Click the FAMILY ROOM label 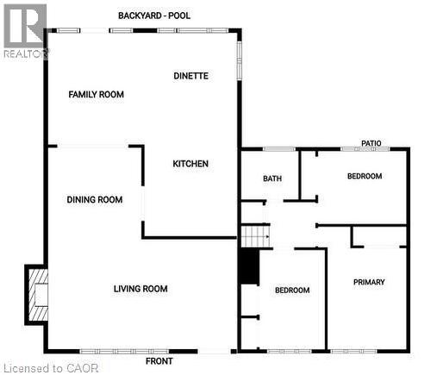(x=97, y=94)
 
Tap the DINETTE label (x=191, y=76)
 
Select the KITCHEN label (x=191, y=164)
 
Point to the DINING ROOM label (x=95, y=199)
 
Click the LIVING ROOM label (x=141, y=289)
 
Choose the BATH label (x=272, y=178)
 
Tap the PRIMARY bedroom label (x=369, y=282)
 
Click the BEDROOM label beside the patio (x=365, y=176)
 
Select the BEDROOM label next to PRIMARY (x=292, y=290)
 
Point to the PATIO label (x=372, y=143)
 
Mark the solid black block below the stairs (x=248, y=266)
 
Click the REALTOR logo (x=25, y=30)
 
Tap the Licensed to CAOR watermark (x=51, y=367)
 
